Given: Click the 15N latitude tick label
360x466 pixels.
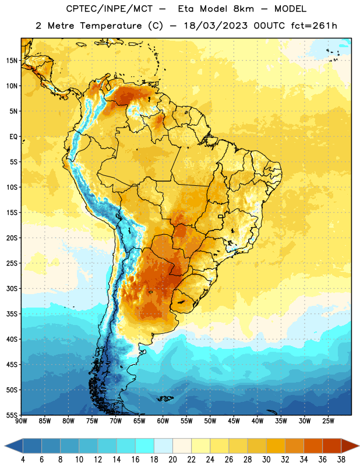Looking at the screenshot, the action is (12, 61).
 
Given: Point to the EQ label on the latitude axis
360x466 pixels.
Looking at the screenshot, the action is (13, 137).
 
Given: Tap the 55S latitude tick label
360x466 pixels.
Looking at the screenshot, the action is (12, 415).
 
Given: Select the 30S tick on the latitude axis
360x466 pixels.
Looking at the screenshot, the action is (12, 288).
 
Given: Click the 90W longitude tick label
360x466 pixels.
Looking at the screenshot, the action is (21, 421).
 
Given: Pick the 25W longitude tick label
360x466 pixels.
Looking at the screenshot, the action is (328, 421).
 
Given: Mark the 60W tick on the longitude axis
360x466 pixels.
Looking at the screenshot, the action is (163, 421).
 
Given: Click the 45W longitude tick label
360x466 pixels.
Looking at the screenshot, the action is (234, 421).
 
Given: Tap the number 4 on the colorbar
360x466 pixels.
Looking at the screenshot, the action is (23, 460).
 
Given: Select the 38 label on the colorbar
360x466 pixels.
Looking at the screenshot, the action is (341, 460).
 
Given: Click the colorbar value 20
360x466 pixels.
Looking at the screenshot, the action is (172, 460).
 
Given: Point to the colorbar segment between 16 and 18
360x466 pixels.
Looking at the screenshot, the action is (145, 446).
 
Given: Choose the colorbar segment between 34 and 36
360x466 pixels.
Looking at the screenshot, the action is (313, 446).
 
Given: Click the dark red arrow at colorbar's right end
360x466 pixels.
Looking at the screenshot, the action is (350, 446).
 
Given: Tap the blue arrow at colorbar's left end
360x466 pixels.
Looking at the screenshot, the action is (14, 446).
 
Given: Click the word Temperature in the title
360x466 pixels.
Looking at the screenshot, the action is (111, 26).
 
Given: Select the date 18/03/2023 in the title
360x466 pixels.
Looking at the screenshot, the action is (216, 26).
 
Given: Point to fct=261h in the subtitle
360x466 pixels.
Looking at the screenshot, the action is (314, 26).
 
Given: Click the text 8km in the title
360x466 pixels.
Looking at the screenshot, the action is (243, 9).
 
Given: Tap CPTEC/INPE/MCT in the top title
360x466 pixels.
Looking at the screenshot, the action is (110, 9).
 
